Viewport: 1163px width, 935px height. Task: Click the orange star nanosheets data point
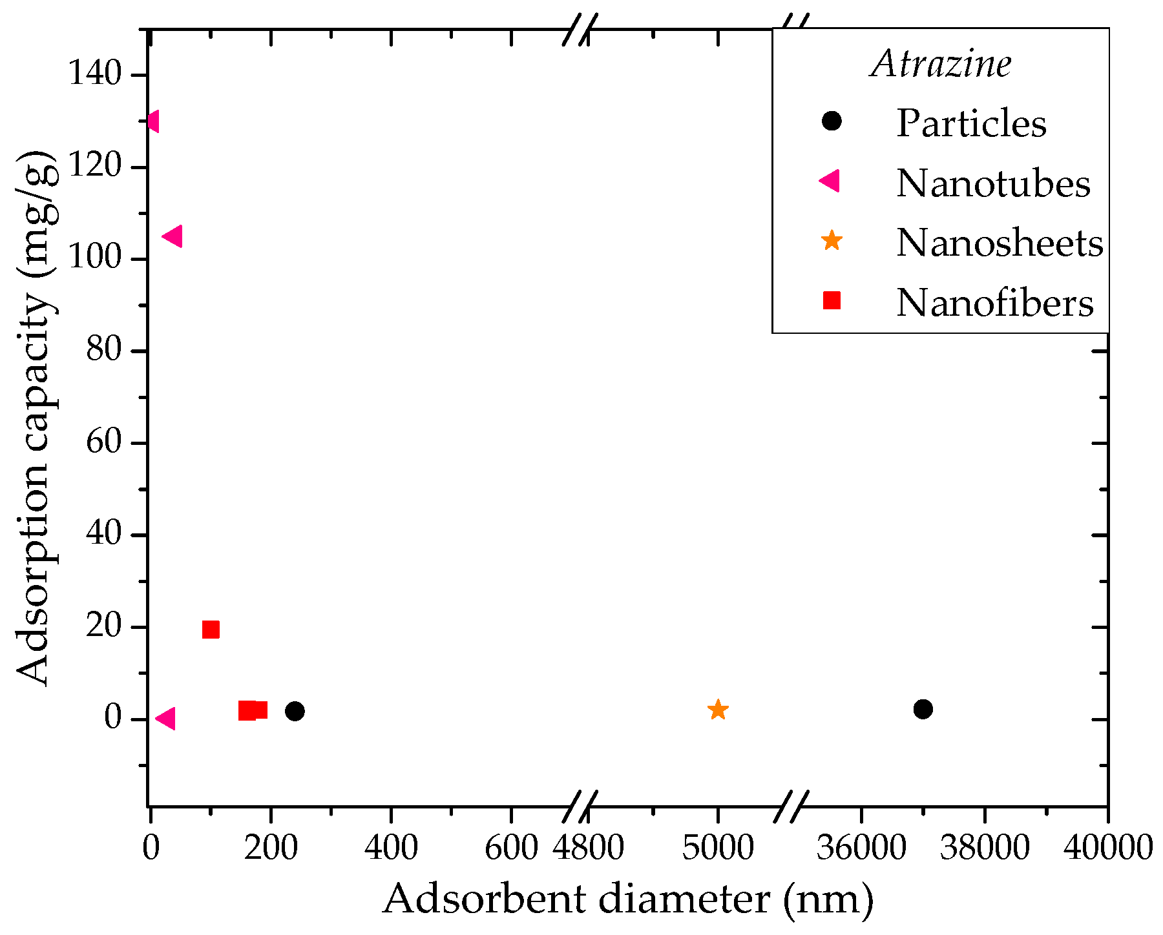click(x=718, y=710)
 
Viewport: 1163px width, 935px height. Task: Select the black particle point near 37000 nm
click(x=923, y=709)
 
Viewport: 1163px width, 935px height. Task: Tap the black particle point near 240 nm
click(x=295, y=711)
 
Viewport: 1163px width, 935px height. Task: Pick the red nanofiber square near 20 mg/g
click(x=211, y=630)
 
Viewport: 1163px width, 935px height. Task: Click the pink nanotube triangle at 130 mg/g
click(x=153, y=121)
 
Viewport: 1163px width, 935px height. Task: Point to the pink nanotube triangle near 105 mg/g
click(x=173, y=236)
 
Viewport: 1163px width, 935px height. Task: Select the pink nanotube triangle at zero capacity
click(x=166, y=718)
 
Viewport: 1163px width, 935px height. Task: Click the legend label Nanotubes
click(x=992, y=183)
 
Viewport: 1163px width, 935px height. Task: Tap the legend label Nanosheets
click(x=999, y=243)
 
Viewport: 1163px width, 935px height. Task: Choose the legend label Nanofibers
click(x=994, y=303)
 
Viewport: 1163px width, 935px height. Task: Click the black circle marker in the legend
click(x=832, y=121)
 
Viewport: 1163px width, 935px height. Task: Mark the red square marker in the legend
click(x=832, y=300)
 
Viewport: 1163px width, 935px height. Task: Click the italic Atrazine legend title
click(x=941, y=65)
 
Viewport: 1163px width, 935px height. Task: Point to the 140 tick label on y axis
click(x=94, y=74)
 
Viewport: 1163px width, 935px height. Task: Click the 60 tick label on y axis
click(x=103, y=443)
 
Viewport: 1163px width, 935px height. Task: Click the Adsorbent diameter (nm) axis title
click(x=628, y=899)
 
